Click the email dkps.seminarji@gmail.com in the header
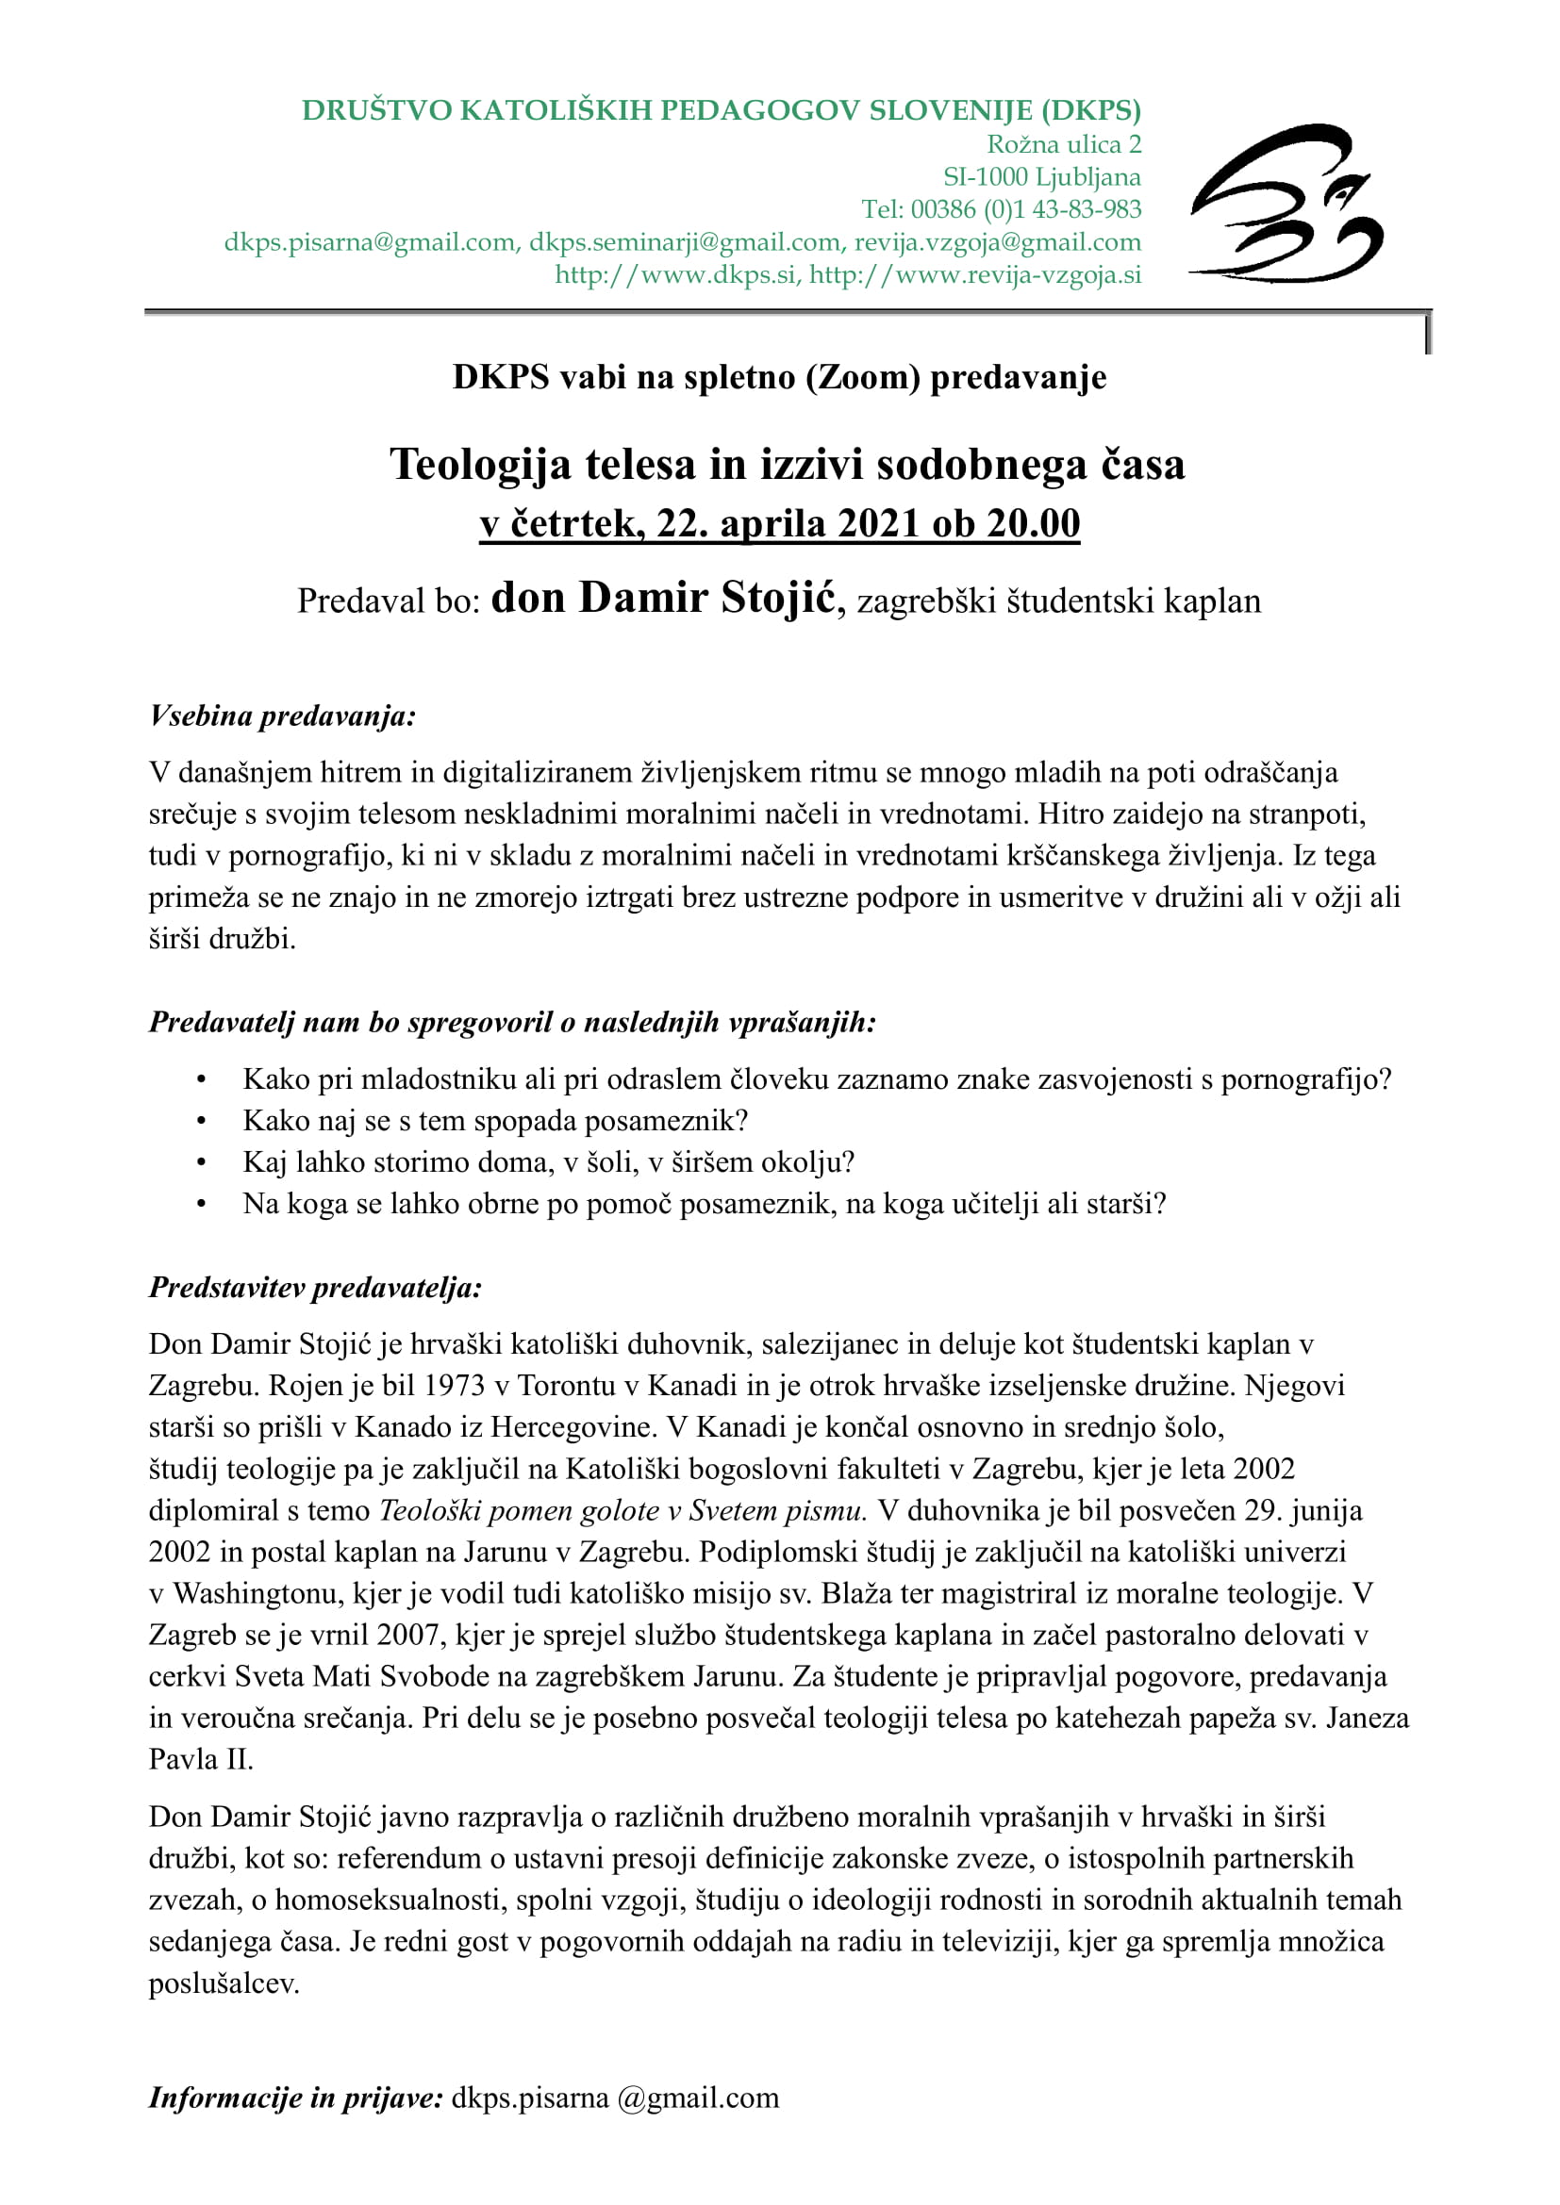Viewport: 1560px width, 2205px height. click(685, 242)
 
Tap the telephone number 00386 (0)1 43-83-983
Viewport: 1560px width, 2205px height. click(1026, 209)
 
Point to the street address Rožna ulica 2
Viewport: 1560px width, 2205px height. click(1064, 145)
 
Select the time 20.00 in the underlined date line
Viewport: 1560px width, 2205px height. click(1034, 524)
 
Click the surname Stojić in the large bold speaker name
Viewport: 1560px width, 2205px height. click(779, 599)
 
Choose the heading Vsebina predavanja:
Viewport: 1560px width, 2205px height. click(282, 716)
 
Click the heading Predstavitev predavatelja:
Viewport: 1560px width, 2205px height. click(315, 1288)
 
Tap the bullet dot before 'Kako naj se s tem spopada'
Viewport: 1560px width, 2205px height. click(201, 1122)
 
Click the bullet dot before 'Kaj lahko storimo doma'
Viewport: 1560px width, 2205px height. click(201, 1163)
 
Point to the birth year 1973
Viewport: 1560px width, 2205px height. click(455, 1386)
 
